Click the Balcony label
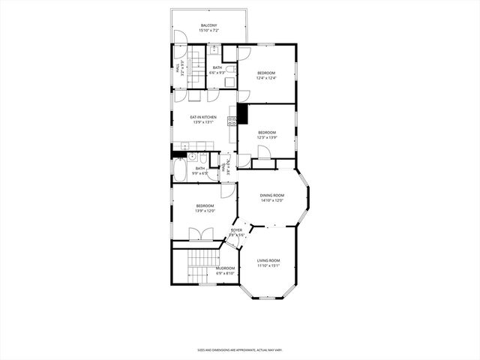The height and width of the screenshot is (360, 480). click(208, 26)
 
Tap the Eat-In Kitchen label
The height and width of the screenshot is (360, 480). click(203, 117)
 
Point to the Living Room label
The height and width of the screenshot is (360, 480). click(268, 260)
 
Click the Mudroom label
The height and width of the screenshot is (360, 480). click(226, 268)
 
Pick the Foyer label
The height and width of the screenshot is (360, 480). click(236, 230)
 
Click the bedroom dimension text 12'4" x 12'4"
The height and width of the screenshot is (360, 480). click(266, 78)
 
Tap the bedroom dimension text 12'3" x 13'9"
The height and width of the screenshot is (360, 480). click(267, 138)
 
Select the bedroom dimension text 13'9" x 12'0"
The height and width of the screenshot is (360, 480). click(205, 211)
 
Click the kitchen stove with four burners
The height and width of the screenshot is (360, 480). click(232, 120)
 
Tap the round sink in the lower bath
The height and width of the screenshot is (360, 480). click(193, 157)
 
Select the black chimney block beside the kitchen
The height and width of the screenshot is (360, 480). click(242, 112)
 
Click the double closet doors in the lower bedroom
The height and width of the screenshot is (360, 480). click(195, 234)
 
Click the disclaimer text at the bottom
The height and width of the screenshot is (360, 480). click(239, 349)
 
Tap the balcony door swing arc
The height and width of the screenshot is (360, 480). click(179, 38)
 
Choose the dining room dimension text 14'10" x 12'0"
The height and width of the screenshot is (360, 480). click(272, 200)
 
